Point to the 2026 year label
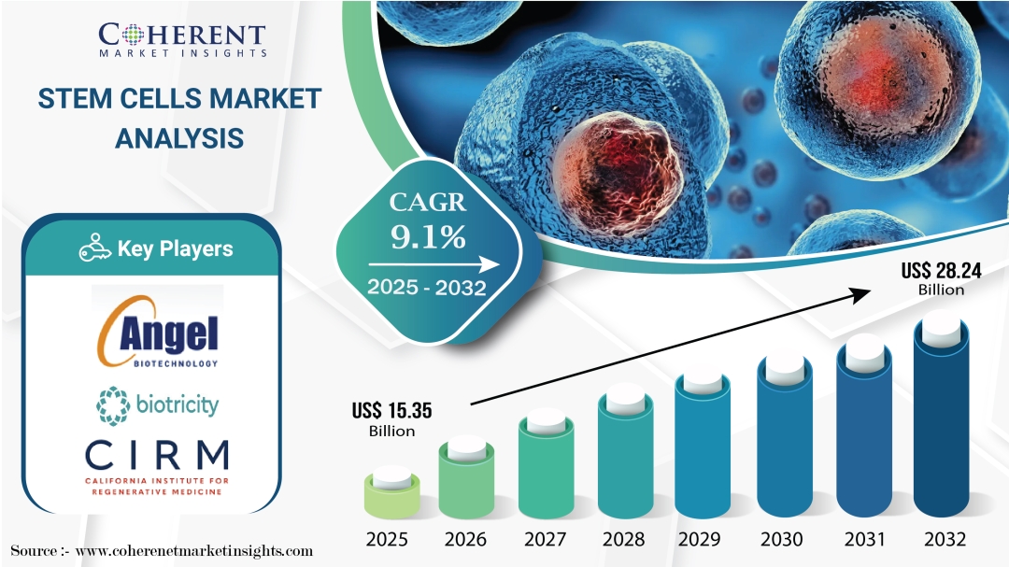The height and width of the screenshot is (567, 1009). click(465, 539)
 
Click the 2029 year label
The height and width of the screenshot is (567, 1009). click(700, 539)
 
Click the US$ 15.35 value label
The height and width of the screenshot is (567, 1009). click(391, 419)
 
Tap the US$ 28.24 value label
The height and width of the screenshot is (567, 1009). click(941, 278)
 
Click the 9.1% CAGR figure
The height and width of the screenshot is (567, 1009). click(428, 237)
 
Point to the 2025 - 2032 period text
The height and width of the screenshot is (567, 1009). click(427, 287)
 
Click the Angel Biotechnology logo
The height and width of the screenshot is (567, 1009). click(158, 333)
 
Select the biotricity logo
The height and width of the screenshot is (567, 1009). click(158, 405)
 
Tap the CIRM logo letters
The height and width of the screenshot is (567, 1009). click(157, 455)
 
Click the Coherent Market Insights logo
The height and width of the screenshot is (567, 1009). click(182, 40)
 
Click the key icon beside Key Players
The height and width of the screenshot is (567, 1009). click(94, 248)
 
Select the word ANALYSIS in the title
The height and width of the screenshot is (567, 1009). click(179, 138)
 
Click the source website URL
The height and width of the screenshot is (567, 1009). click(194, 551)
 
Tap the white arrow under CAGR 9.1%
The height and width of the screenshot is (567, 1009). click(433, 264)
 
